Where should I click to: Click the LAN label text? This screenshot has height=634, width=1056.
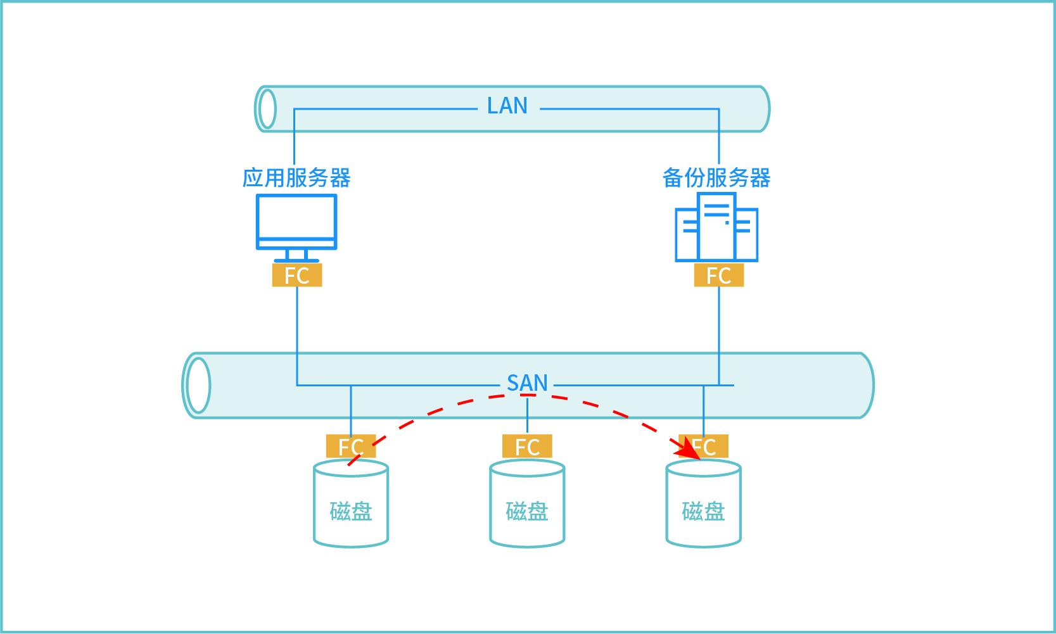tap(507, 106)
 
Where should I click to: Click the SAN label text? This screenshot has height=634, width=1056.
tap(527, 383)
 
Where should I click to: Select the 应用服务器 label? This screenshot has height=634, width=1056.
tap(296, 178)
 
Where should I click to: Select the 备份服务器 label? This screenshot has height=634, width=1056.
tap(716, 178)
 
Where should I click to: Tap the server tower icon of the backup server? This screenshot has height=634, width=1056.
tap(716, 227)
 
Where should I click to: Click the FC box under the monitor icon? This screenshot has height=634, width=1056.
tap(296, 276)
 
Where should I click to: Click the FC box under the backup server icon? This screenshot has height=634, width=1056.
tap(718, 276)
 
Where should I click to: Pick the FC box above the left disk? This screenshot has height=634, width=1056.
tap(350, 447)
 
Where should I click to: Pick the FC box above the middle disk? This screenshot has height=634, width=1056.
tap(527, 447)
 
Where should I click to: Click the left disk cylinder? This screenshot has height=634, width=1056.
tap(351, 507)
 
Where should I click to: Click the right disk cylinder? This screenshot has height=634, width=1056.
tap(703, 507)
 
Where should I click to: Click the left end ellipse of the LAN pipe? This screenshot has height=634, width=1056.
tap(268, 109)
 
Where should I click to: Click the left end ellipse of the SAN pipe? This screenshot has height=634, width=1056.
tap(198, 385)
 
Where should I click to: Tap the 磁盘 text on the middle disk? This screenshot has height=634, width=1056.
tap(527, 510)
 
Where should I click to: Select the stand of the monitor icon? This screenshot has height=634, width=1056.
tap(296, 256)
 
